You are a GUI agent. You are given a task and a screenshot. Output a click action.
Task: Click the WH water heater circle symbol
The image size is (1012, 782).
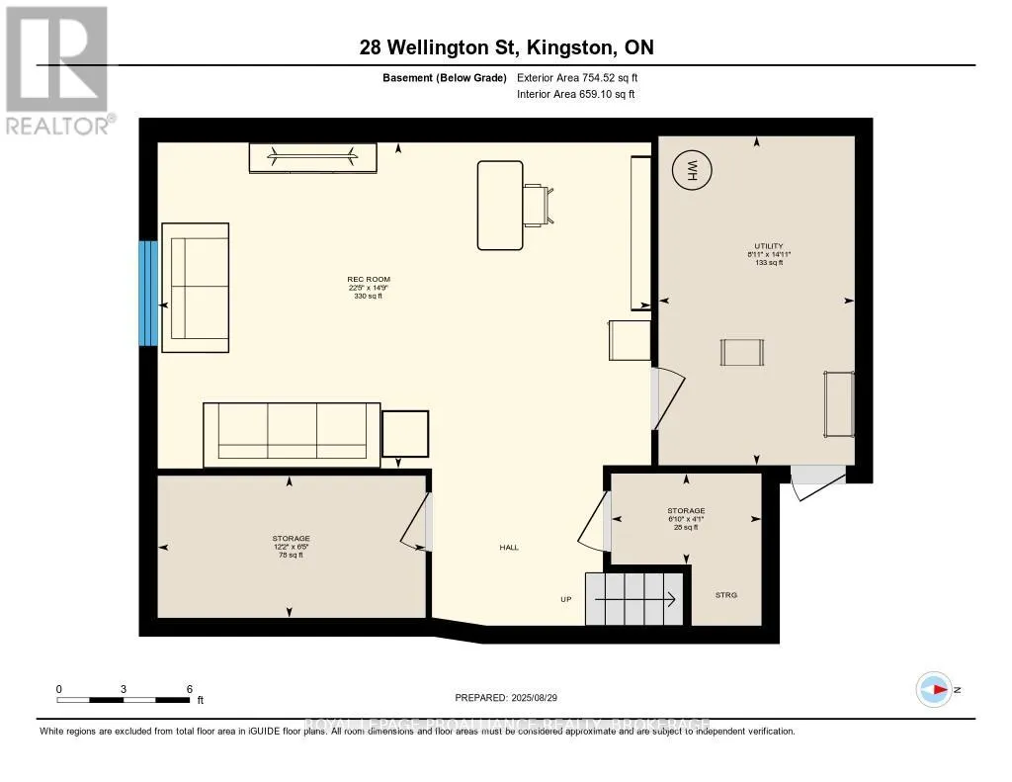click(x=693, y=172)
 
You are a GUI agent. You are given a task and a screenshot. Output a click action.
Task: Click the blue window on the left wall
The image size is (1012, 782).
click(x=148, y=293)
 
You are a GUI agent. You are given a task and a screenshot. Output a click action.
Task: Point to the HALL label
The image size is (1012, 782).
click(x=509, y=548)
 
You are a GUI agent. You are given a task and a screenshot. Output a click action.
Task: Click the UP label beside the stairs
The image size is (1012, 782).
click(x=565, y=599)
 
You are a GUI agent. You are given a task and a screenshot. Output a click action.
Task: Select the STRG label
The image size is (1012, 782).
click(x=726, y=595)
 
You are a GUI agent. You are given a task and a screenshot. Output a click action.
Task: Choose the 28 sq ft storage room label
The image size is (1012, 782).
click(x=686, y=519)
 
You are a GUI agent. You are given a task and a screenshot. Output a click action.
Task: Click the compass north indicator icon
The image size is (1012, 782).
click(x=934, y=689)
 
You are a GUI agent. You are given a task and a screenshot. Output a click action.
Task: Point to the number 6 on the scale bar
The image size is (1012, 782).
click(x=189, y=688)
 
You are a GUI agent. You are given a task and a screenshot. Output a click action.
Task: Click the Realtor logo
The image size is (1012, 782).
click(x=57, y=69)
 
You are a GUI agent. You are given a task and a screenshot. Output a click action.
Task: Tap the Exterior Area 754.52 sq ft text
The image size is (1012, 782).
click(x=584, y=78)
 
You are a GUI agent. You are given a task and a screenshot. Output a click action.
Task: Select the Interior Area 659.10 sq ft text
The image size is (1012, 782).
click(x=575, y=95)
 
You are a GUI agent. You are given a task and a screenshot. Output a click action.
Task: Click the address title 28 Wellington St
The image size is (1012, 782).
click(x=506, y=47)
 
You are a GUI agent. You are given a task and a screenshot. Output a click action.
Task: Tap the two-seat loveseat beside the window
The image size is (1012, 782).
click(x=196, y=287)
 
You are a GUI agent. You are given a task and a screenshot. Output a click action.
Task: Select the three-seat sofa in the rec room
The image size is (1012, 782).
click(x=292, y=434)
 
